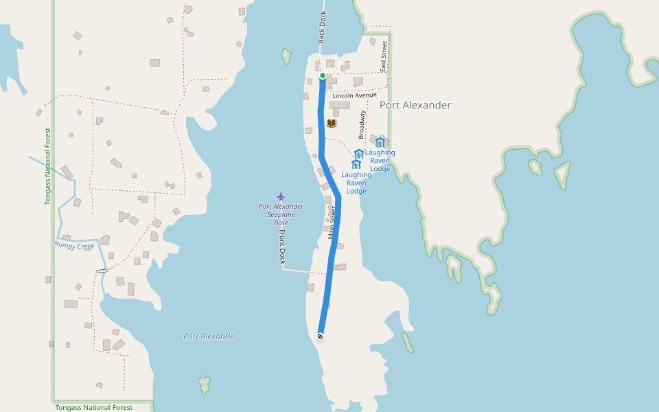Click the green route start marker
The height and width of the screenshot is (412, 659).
tap(322, 76)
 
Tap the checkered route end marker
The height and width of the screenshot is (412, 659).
tap(320, 336)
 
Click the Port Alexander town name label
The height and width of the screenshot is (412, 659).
tap(415, 105)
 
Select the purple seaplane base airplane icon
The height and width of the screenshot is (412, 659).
tap(281, 196)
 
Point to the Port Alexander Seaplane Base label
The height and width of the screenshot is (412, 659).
tap(281, 214)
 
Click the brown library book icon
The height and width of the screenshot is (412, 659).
tap(332, 124)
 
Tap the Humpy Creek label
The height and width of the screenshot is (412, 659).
tap(74, 245)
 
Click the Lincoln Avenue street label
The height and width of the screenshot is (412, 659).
tap(354, 95)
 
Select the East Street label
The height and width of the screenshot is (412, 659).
tap(384, 56)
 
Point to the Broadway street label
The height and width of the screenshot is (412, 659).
tap(362, 125)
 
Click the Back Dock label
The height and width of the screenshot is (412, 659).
tap(322, 27)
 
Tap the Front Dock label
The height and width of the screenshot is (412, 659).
tap(281, 247)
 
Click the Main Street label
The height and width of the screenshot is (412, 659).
tap(333, 222)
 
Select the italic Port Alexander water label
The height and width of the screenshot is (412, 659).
tap(210, 336)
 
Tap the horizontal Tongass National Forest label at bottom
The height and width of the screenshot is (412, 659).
tap(94, 407)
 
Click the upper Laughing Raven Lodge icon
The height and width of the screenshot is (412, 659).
tap(380, 142)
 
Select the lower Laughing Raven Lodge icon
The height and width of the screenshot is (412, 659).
tap(356, 164)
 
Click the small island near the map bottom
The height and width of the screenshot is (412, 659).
tap(204, 385)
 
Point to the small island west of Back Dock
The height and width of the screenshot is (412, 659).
tap(286, 56)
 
